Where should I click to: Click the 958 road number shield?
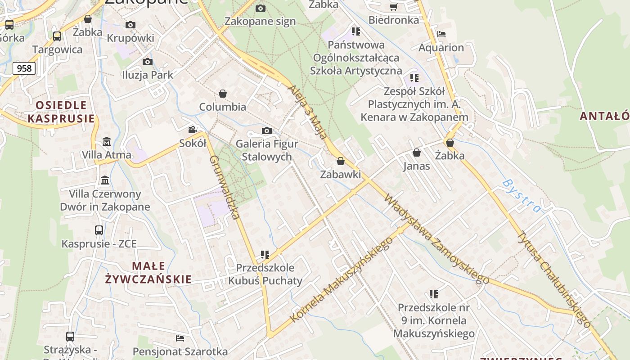[x=24, y=68]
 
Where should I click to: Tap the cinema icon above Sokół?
[x=193, y=130]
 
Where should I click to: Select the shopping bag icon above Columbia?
[x=222, y=94]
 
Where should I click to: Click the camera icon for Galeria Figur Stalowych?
[x=267, y=130]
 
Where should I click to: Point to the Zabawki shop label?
[x=340, y=174]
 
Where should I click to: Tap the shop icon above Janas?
[x=417, y=153]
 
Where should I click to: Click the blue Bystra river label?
[x=522, y=195]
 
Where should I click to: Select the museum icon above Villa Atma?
[x=107, y=141]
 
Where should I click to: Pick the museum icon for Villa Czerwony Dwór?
[x=105, y=180]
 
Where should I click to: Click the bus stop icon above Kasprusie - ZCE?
[x=99, y=230]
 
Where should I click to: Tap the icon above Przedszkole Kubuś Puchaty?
[x=265, y=255]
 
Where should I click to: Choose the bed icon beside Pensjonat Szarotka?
[x=180, y=338]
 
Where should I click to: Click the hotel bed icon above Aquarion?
[x=441, y=34]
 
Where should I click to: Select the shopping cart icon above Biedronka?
[x=393, y=7]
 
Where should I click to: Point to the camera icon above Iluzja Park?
[x=147, y=62]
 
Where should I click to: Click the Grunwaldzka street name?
[x=224, y=187]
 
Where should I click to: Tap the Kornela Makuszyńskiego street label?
[x=342, y=279]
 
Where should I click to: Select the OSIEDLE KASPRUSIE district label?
[x=61, y=112]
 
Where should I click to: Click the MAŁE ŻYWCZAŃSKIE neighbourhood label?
[x=148, y=273]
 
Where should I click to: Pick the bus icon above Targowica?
[x=57, y=36]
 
